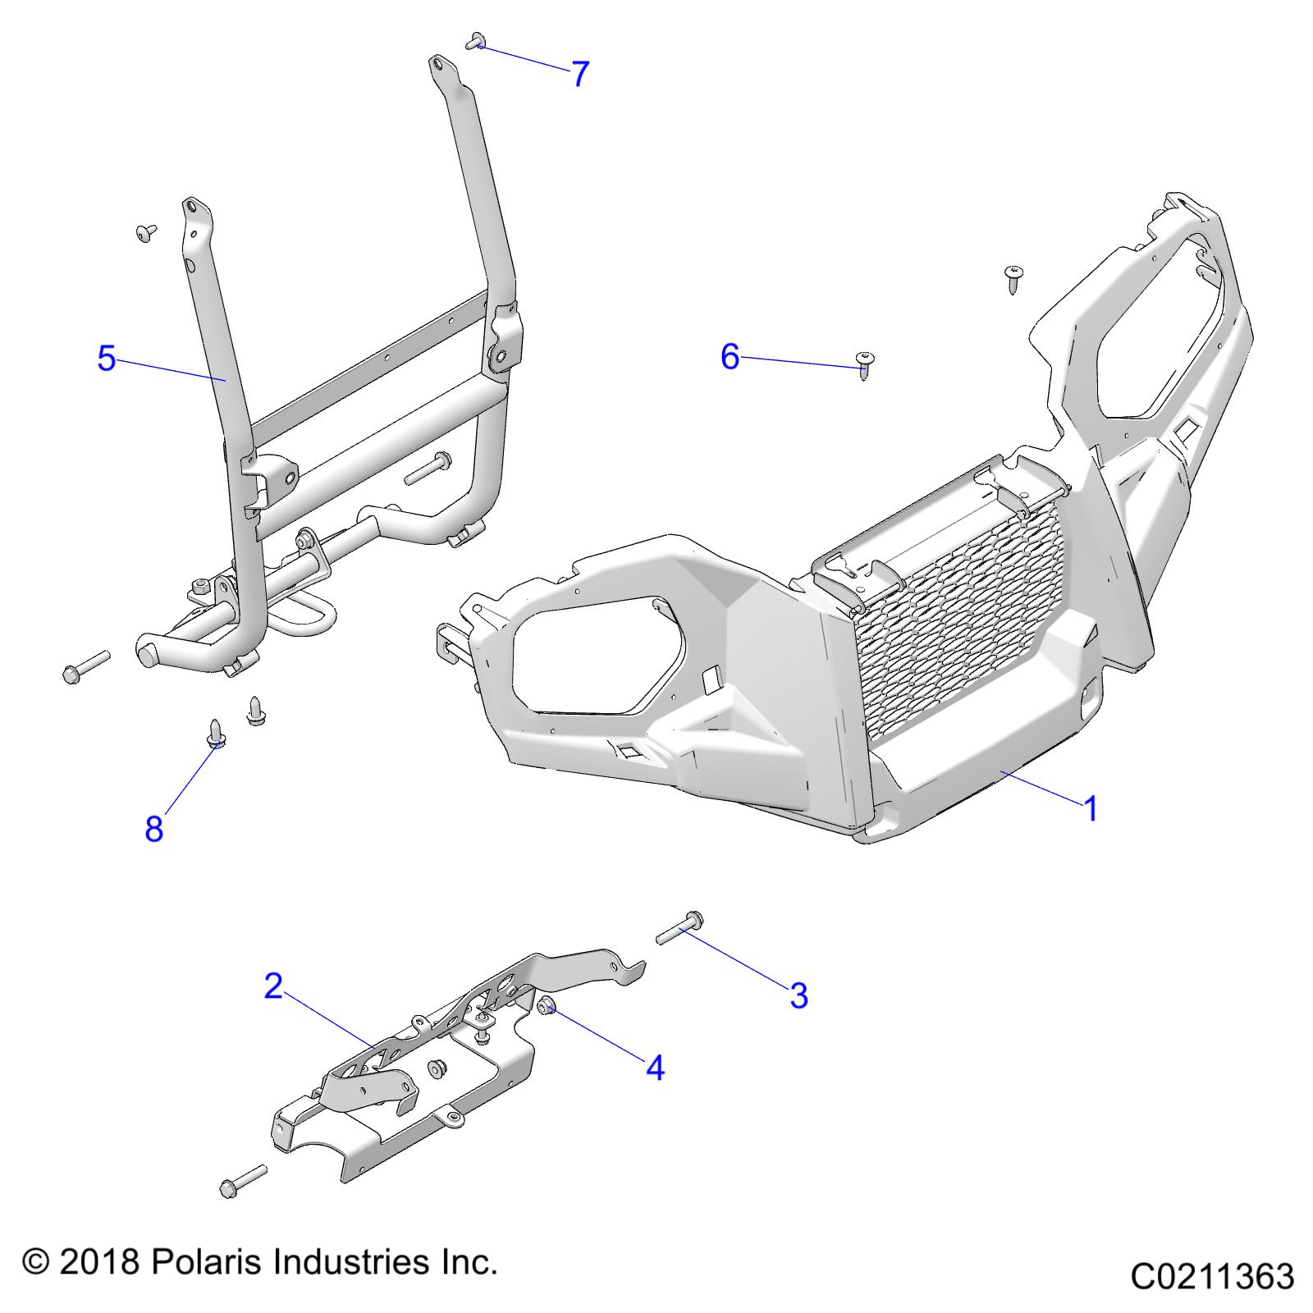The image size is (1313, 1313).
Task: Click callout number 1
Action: (x=1090, y=808)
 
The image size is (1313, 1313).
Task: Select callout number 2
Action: (x=273, y=986)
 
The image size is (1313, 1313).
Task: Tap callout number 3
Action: (x=798, y=995)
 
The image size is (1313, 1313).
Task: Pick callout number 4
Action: (x=654, y=1068)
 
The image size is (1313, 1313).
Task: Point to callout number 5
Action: (x=106, y=359)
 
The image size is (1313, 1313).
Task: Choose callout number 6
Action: (x=730, y=356)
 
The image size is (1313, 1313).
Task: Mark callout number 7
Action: (x=580, y=74)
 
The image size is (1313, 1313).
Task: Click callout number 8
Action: (x=153, y=829)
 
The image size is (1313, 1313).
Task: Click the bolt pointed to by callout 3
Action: (x=679, y=928)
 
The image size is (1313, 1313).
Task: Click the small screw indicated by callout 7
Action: (x=474, y=41)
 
